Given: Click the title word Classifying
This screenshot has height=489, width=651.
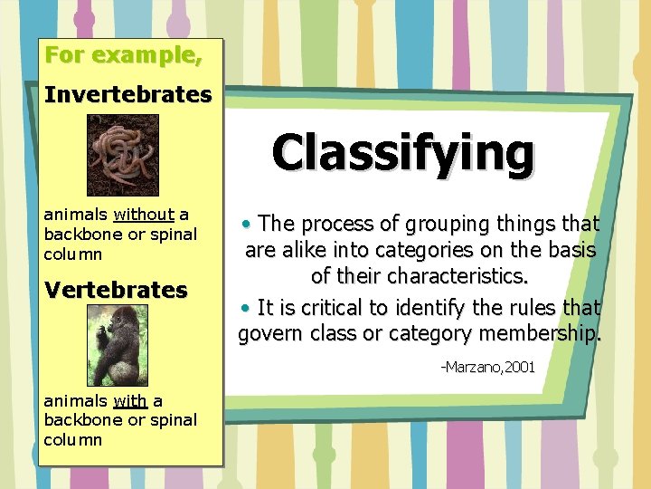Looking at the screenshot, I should point(402,152).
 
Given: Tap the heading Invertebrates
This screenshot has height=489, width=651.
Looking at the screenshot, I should point(127,94).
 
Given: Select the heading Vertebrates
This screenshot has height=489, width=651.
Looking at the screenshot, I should point(115,290).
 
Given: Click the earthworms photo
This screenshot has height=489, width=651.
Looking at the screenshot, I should point(122,155).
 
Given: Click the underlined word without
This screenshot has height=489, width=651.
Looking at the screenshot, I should point(144,215).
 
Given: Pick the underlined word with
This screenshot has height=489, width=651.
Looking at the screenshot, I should point(131,400).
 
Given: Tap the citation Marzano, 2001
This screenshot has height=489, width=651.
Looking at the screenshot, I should point(487,367).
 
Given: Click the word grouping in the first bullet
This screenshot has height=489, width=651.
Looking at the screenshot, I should point(444,223).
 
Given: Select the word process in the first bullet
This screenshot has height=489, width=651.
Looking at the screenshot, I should point(335,224).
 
